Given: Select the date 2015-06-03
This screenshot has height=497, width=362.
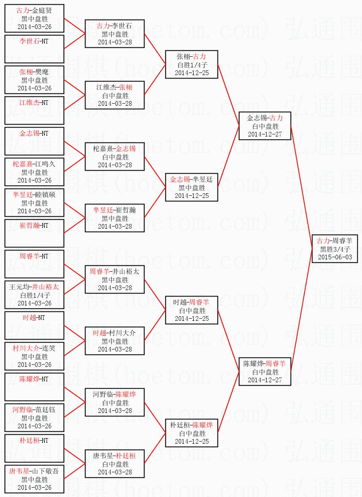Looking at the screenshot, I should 335,257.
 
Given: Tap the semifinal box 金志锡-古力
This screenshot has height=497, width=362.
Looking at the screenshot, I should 265,126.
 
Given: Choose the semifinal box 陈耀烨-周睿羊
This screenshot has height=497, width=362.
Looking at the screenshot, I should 265,372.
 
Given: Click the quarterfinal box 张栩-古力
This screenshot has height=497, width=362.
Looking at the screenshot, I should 192,64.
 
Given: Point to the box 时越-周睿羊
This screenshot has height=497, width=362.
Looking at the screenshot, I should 192,310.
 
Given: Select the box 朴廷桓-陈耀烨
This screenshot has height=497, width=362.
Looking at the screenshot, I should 192,433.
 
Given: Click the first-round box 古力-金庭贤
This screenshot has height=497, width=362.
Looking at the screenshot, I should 35,18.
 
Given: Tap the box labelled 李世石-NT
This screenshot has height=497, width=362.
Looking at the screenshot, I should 35,49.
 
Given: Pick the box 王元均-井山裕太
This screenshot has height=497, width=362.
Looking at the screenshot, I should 35,295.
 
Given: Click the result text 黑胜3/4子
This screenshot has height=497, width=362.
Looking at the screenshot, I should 335,249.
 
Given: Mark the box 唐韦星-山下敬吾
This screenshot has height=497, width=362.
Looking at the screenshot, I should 35,479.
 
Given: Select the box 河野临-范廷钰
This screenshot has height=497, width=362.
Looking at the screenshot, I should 35,418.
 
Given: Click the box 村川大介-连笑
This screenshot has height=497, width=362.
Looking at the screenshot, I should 35,356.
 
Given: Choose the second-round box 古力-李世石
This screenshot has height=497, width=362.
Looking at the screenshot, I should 115,34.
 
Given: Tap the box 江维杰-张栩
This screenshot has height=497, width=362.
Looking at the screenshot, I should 115,95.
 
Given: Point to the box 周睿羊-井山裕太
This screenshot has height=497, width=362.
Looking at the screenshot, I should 115,279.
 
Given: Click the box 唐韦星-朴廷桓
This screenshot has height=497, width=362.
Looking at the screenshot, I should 115,464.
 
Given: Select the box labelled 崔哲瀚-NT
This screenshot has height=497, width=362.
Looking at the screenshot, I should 35,233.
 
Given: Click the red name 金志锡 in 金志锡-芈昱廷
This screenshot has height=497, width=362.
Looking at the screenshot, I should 180,180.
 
